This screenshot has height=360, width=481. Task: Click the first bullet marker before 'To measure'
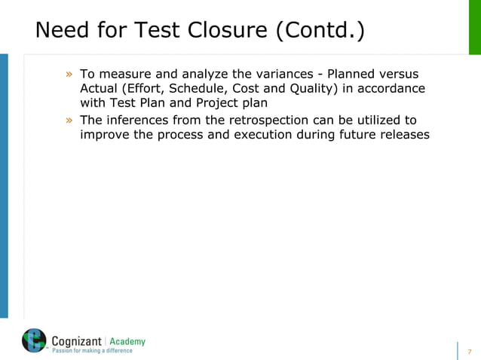(x=69, y=75)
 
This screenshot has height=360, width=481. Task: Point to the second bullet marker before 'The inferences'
(x=69, y=121)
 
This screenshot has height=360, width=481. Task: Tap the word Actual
(x=99, y=89)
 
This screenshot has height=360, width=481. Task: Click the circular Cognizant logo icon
(x=34, y=340)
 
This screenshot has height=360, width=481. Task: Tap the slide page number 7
(x=470, y=352)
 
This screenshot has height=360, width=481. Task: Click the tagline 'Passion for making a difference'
(x=91, y=351)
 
